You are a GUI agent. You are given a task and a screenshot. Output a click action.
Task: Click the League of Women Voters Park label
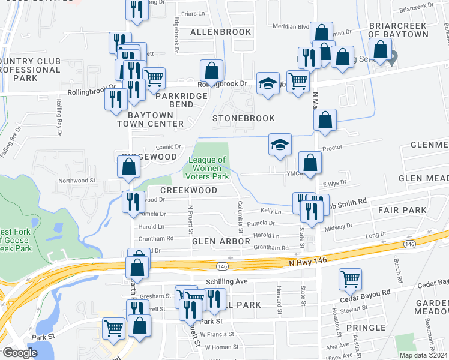(x=207, y=169)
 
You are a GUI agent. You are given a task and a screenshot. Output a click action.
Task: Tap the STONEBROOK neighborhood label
(x=244, y=119)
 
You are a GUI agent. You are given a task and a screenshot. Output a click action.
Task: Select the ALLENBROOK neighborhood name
(x=219, y=32)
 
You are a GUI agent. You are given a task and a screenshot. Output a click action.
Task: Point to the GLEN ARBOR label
(x=220, y=241)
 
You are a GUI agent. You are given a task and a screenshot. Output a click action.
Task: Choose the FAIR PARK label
(x=402, y=211)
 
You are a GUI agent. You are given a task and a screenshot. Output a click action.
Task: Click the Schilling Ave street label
(x=227, y=281)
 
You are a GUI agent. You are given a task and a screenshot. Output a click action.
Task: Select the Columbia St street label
(x=240, y=217)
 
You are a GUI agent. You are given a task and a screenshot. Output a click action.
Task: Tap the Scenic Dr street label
(x=168, y=146)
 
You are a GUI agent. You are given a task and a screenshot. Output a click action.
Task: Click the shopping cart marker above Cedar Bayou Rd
(x=350, y=279)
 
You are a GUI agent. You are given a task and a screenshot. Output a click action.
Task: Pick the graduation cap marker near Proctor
(x=280, y=145)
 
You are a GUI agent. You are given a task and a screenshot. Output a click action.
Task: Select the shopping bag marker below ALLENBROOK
(x=211, y=71)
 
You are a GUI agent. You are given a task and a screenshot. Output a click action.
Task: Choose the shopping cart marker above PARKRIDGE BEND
(x=154, y=77)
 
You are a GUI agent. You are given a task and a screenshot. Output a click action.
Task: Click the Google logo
(x=20, y=353)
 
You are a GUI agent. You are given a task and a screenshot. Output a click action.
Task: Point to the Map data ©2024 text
(x=424, y=355)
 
